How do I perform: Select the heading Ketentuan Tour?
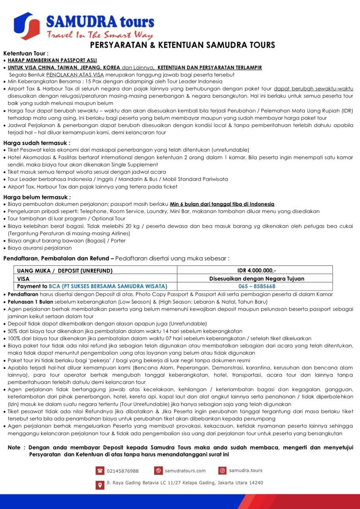[26, 53]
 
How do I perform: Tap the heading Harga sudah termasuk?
[37, 143]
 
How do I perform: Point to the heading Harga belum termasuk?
[37, 197]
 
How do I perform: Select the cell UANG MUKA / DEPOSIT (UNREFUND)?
[65, 271]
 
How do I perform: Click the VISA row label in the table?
[23, 279]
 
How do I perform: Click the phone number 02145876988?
[123, 471]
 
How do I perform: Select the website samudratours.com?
[185, 471]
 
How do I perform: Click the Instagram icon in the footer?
[223, 471]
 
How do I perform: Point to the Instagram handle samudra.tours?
[246, 470]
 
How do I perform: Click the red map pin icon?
[100, 484]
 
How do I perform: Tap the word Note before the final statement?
[14, 448]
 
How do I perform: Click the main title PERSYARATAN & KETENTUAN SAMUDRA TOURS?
[182, 45]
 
